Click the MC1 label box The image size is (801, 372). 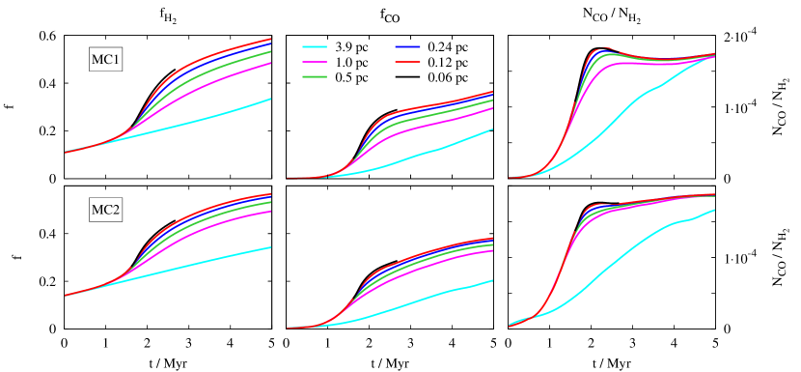click(x=105, y=61)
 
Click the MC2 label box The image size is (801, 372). click(x=105, y=210)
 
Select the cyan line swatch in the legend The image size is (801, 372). click(x=315, y=46)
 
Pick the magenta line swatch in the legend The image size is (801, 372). click(x=315, y=62)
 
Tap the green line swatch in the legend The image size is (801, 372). click(x=315, y=76)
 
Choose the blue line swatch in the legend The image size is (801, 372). click(x=407, y=46)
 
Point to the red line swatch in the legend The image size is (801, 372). click(x=407, y=62)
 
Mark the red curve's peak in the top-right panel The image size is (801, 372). click(x=604, y=46)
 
